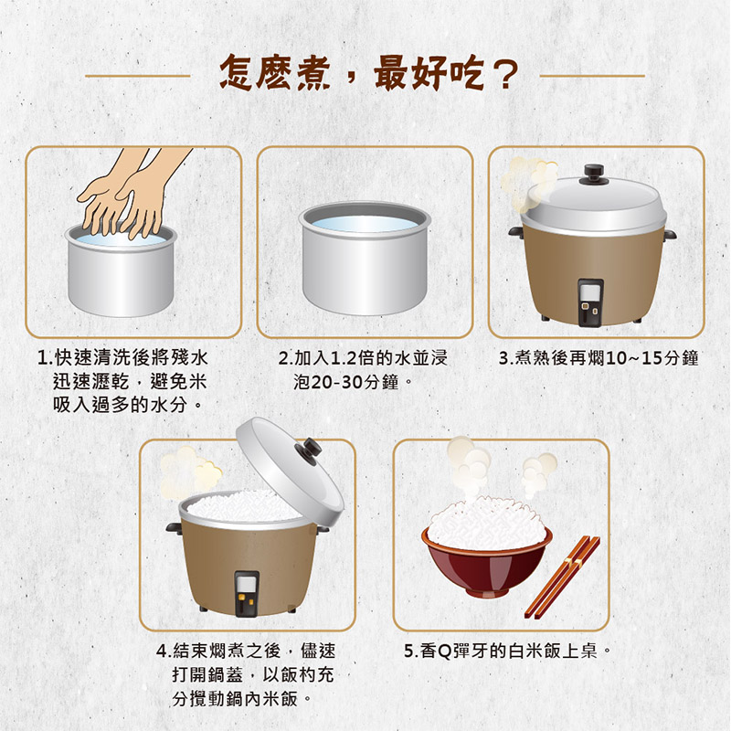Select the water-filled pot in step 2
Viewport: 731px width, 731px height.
pyautogui.click(x=365, y=259)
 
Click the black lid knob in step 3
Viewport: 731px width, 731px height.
pyautogui.click(x=593, y=172)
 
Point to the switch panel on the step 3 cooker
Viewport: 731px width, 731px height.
pyautogui.click(x=590, y=302)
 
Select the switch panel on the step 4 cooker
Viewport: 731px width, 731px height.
pyautogui.click(x=247, y=593)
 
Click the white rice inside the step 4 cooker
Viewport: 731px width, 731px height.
pyautogui.click(x=244, y=506)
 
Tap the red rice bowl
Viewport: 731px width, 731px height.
pyautogui.click(x=487, y=563)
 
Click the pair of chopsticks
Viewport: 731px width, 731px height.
pyautogui.click(x=562, y=577)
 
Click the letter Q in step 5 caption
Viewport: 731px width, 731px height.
pyautogui.click(x=445, y=652)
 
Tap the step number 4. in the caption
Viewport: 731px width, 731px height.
pyautogui.click(x=164, y=652)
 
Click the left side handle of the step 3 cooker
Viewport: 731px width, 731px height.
pyautogui.click(x=516, y=232)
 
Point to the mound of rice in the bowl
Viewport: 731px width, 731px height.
pyautogui.click(x=485, y=522)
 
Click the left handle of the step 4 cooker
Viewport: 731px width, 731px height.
pyautogui.click(x=174, y=528)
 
